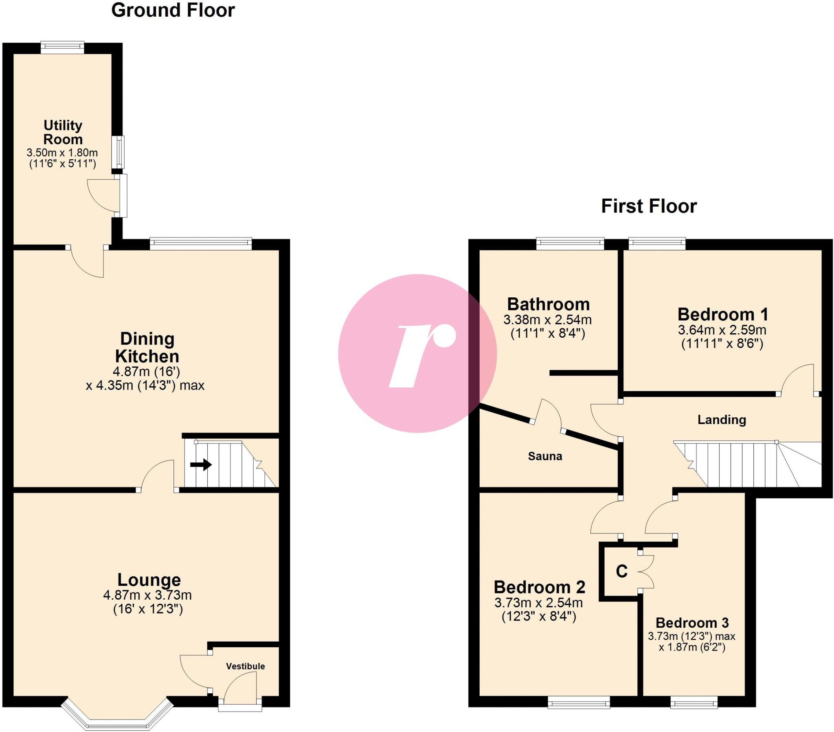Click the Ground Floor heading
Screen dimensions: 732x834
(173, 11)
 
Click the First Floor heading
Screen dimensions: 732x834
(649, 206)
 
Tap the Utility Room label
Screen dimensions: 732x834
(63, 132)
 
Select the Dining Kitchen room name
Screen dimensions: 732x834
(147, 347)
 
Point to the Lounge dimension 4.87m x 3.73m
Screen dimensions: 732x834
(147, 595)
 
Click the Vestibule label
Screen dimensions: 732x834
(245, 666)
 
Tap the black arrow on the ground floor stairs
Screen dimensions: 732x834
(201, 465)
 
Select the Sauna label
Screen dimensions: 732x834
(545, 456)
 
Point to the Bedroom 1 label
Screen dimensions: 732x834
(722, 314)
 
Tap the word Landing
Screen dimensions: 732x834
(721, 420)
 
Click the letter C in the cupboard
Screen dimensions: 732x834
(621, 572)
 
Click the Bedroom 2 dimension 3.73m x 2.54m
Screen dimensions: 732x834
(539, 602)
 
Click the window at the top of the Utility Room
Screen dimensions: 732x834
(62, 48)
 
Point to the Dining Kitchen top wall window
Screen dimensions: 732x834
(201, 244)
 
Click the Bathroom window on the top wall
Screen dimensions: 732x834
(570, 244)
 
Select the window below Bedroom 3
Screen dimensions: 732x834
(694, 703)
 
